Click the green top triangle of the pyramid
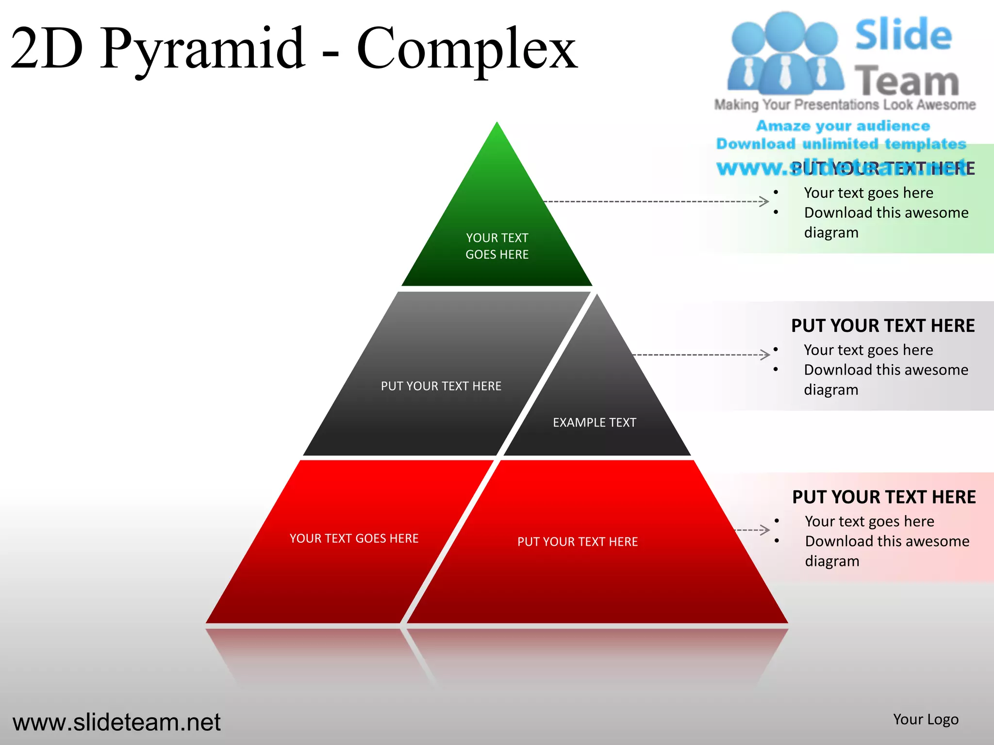tap(497, 228)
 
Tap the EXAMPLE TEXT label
tap(594, 422)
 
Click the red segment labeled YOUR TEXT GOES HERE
tap(353, 538)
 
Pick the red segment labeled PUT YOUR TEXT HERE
tap(578, 542)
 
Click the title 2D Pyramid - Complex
tap(294, 49)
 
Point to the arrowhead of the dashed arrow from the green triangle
tap(764, 201)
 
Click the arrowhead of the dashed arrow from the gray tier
tap(765, 355)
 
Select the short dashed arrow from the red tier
tap(752, 530)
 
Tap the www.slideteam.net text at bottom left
tap(116, 722)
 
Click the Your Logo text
tap(926, 719)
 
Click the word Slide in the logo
tap(903, 35)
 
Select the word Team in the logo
tap(907, 81)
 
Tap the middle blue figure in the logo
tap(785, 53)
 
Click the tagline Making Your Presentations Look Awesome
tap(845, 105)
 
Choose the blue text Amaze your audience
tap(843, 126)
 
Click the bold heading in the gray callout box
tap(883, 325)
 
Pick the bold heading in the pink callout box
tap(884, 497)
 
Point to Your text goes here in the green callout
tap(868, 193)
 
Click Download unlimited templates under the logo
tap(841, 144)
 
